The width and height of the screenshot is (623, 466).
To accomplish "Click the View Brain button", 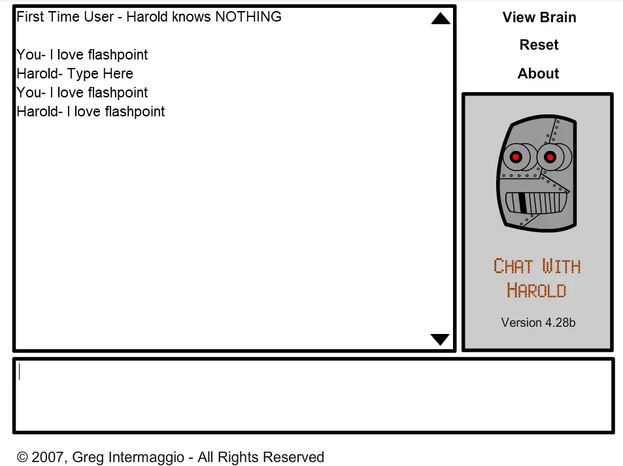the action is (539, 17).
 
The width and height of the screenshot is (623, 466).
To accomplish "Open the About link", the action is (539, 73).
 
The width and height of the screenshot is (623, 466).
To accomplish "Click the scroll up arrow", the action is (441, 18).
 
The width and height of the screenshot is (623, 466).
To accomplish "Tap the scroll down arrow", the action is (440, 339).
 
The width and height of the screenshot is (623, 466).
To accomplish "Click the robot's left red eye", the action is (516, 157).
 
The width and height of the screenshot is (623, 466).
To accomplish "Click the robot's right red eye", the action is (550, 158).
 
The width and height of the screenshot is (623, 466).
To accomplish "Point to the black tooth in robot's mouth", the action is (523, 203).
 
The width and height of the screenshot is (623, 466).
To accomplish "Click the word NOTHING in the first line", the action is (248, 17).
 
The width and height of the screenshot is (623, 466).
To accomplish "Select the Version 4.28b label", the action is (538, 322).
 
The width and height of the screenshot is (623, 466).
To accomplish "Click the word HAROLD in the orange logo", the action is (537, 290).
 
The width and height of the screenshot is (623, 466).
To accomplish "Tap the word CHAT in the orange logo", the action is (513, 266).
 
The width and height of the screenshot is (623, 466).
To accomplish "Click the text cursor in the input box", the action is (19, 372).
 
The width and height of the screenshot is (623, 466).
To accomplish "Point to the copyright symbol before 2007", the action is (22, 457).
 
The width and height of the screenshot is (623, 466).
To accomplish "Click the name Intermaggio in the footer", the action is (146, 458).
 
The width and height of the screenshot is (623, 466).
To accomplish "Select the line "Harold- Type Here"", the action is (75, 73).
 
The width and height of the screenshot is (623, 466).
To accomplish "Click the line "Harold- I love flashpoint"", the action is (91, 112).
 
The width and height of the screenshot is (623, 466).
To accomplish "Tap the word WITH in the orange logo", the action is (562, 266).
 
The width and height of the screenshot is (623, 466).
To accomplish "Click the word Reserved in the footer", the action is (294, 457).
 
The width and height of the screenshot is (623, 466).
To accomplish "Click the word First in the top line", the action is (30, 17).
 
